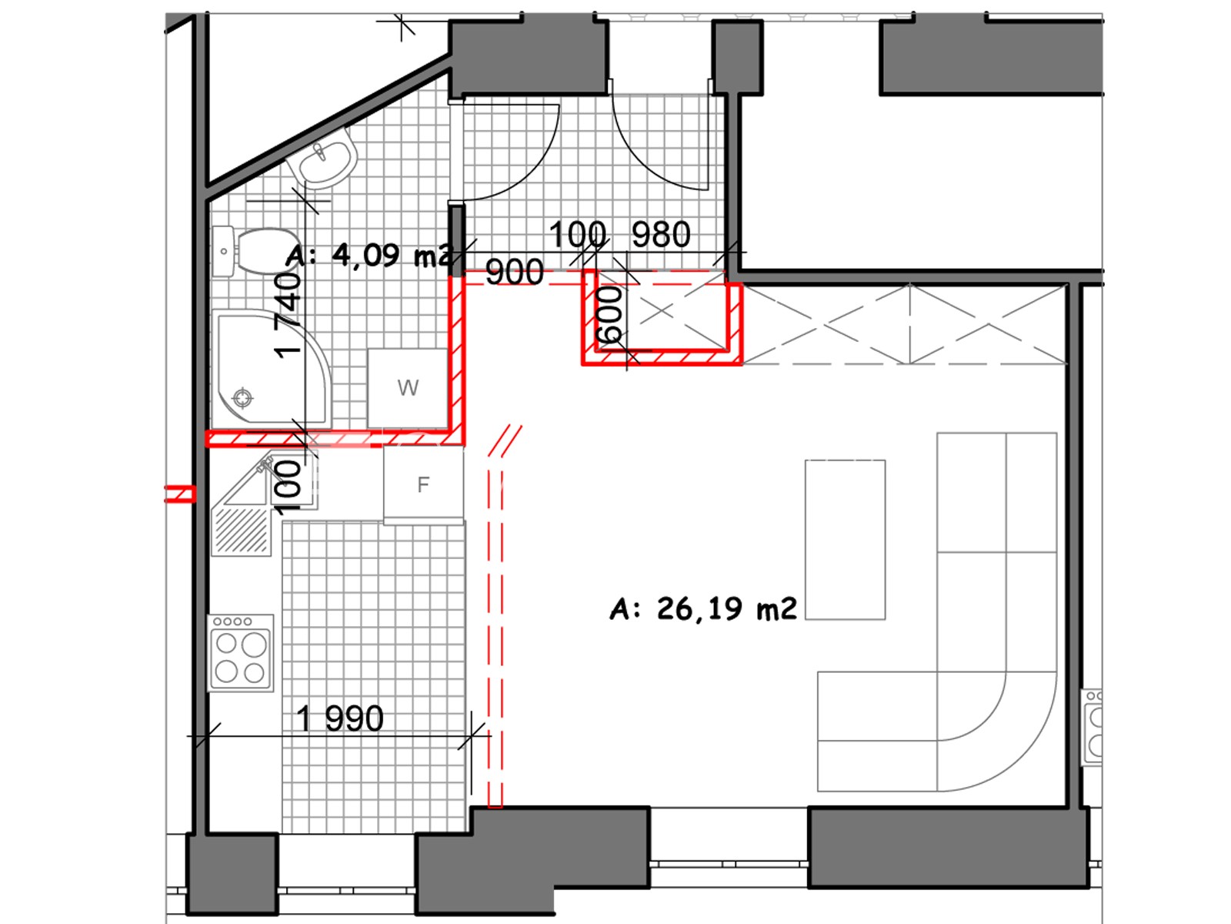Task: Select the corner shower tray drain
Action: pyautogui.click(x=242, y=398)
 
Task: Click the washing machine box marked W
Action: pyautogui.click(x=408, y=388)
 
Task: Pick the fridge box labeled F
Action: pyautogui.click(x=423, y=485)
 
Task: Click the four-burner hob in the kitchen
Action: pyautogui.click(x=241, y=652)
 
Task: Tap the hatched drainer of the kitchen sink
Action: pyautogui.click(x=242, y=531)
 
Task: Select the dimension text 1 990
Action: pyautogui.click(x=340, y=718)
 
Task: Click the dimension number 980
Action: pyautogui.click(x=661, y=235)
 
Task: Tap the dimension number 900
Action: pyautogui.click(x=515, y=273)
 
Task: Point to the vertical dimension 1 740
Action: pyautogui.click(x=289, y=316)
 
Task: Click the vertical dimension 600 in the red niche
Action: pyautogui.click(x=610, y=315)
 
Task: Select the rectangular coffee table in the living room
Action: pyautogui.click(x=845, y=540)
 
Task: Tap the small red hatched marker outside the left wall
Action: pyautogui.click(x=180, y=494)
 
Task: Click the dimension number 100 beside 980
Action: pyautogui.click(x=578, y=235)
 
